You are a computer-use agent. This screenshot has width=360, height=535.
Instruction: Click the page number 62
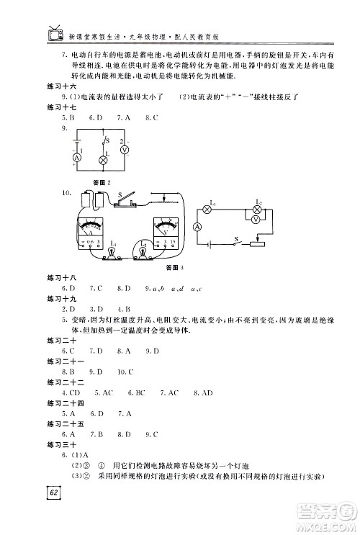[x=53, y=493]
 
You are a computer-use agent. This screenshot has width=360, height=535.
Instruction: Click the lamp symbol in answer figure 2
[x=103, y=161]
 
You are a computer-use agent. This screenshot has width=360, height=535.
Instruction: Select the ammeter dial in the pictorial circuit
[x=94, y=230]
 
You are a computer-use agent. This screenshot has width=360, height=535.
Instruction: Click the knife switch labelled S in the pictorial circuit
[x=127, y=204]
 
